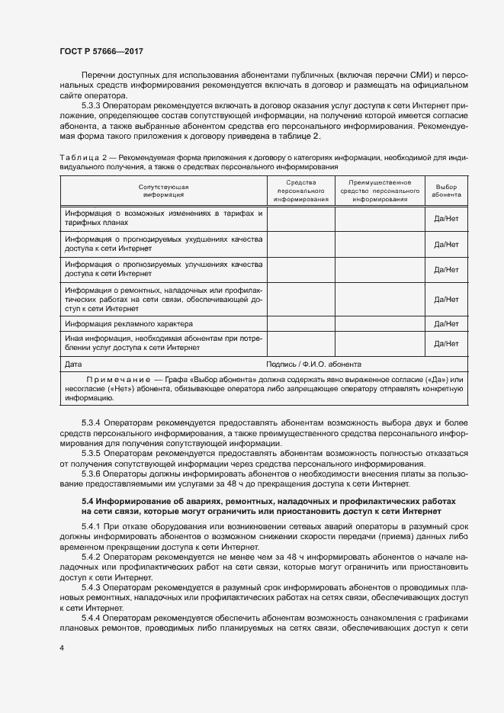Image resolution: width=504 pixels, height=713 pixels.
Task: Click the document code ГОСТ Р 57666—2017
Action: point(102,52)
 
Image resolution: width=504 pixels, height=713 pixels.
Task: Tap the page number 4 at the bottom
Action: point(61,648)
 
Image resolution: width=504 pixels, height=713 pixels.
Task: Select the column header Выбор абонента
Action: point(445,191)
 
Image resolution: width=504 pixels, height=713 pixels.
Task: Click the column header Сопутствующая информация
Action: point(163,191)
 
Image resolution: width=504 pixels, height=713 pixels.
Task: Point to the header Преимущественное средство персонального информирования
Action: point(379,191)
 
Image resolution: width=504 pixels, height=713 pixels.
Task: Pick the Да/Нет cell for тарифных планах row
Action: point(445,218)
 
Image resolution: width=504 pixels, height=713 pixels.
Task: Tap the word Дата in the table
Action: point(74,365)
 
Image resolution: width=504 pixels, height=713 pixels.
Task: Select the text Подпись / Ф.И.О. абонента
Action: point(314,365)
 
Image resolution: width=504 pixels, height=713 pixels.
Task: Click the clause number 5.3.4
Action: point(91,422)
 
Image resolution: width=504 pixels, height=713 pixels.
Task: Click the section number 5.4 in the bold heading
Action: point(86,500)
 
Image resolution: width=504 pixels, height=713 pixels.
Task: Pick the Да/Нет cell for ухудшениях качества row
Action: point(445,244)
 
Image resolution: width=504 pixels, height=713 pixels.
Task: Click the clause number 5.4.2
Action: point(91,557)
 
